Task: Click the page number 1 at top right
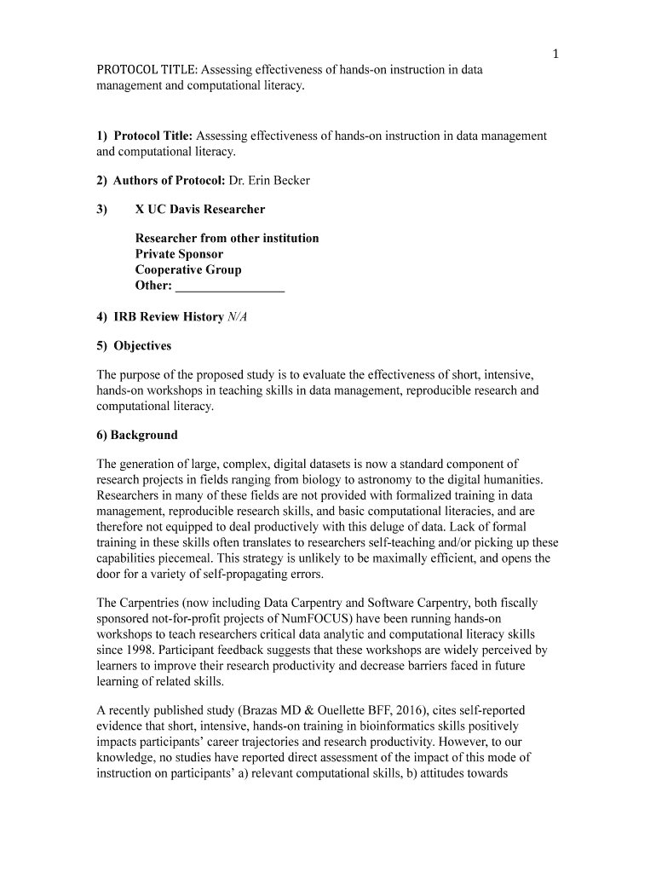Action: pyautogui.click(x=555, y=55)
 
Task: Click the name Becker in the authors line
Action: pyautogui.click(x=290, y=181)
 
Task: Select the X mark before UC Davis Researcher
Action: pyautogui.click(x=141, y=210)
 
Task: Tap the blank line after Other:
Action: pyautogui.click(x=229, y=286)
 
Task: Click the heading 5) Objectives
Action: pyautogui.click(x=134, y=346)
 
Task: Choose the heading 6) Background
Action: pyautogui.click(x=137, y=436)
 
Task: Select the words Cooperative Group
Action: pyautogui.click(x=188, y=270)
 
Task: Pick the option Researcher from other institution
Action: pyautogui.click(x=227, y=239)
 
